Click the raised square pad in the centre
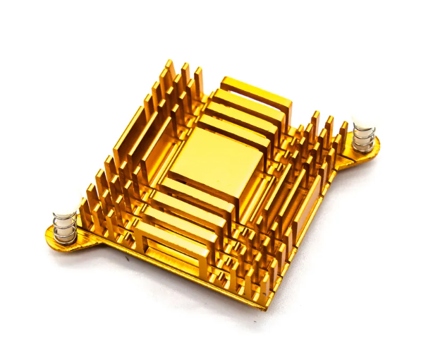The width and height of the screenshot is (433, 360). pos(209,161)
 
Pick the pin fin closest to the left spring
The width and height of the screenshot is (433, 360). pos(85,212)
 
